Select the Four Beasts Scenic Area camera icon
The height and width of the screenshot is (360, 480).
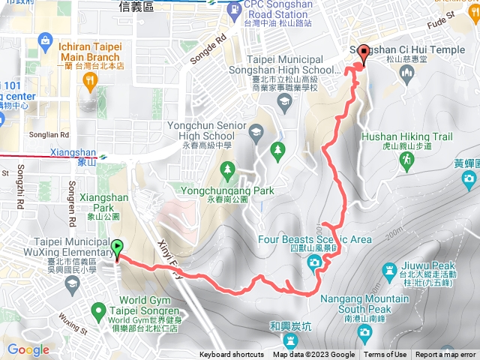tap(314, 261)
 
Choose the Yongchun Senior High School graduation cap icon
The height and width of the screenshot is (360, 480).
tap(255, 133)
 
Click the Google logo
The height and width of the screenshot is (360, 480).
tap(28, 349)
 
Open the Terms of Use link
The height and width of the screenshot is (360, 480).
tap(385, 355)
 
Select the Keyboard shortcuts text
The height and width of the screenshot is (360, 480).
tap(231, 355)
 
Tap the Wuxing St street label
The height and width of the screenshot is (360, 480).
tap(70, 328)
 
